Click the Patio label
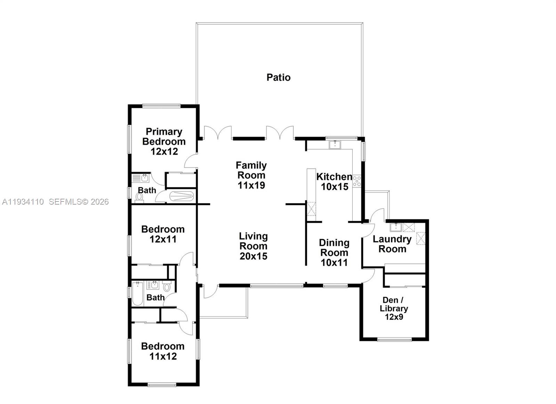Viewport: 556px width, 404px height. click(278, 77)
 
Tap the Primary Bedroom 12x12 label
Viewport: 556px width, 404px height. click(164, 141)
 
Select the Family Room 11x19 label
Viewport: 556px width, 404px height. click(251, 175)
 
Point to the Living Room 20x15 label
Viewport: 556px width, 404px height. click(253, 246)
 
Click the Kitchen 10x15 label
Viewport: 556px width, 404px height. click(334, 181)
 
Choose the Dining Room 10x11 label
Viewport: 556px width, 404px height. click(334, 253)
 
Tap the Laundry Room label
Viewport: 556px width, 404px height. click(392, 244)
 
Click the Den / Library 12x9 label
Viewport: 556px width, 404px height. click(394, 308)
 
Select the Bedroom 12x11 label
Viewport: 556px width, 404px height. click(163, 234)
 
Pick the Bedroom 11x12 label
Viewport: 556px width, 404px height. click(163, 351)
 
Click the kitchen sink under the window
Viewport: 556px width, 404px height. click(335, 144)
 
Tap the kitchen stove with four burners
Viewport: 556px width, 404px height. click(357, 181)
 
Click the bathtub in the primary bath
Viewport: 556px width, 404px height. click(181, 196)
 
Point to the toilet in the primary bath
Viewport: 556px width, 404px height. click(139, 197)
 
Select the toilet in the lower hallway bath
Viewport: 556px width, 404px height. click(167, 287)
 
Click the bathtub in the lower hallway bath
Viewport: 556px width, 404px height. click(138, 294)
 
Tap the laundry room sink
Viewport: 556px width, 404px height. click(396, 227)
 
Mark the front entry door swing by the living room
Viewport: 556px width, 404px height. click(210, 291)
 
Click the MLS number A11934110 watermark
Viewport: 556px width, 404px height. click(23, 202)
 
